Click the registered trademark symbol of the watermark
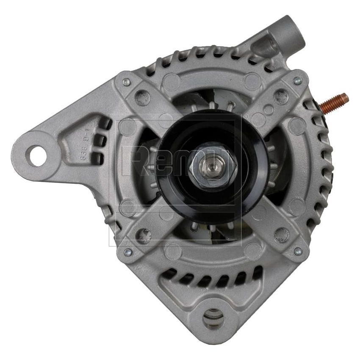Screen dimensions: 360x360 (245, 115)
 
